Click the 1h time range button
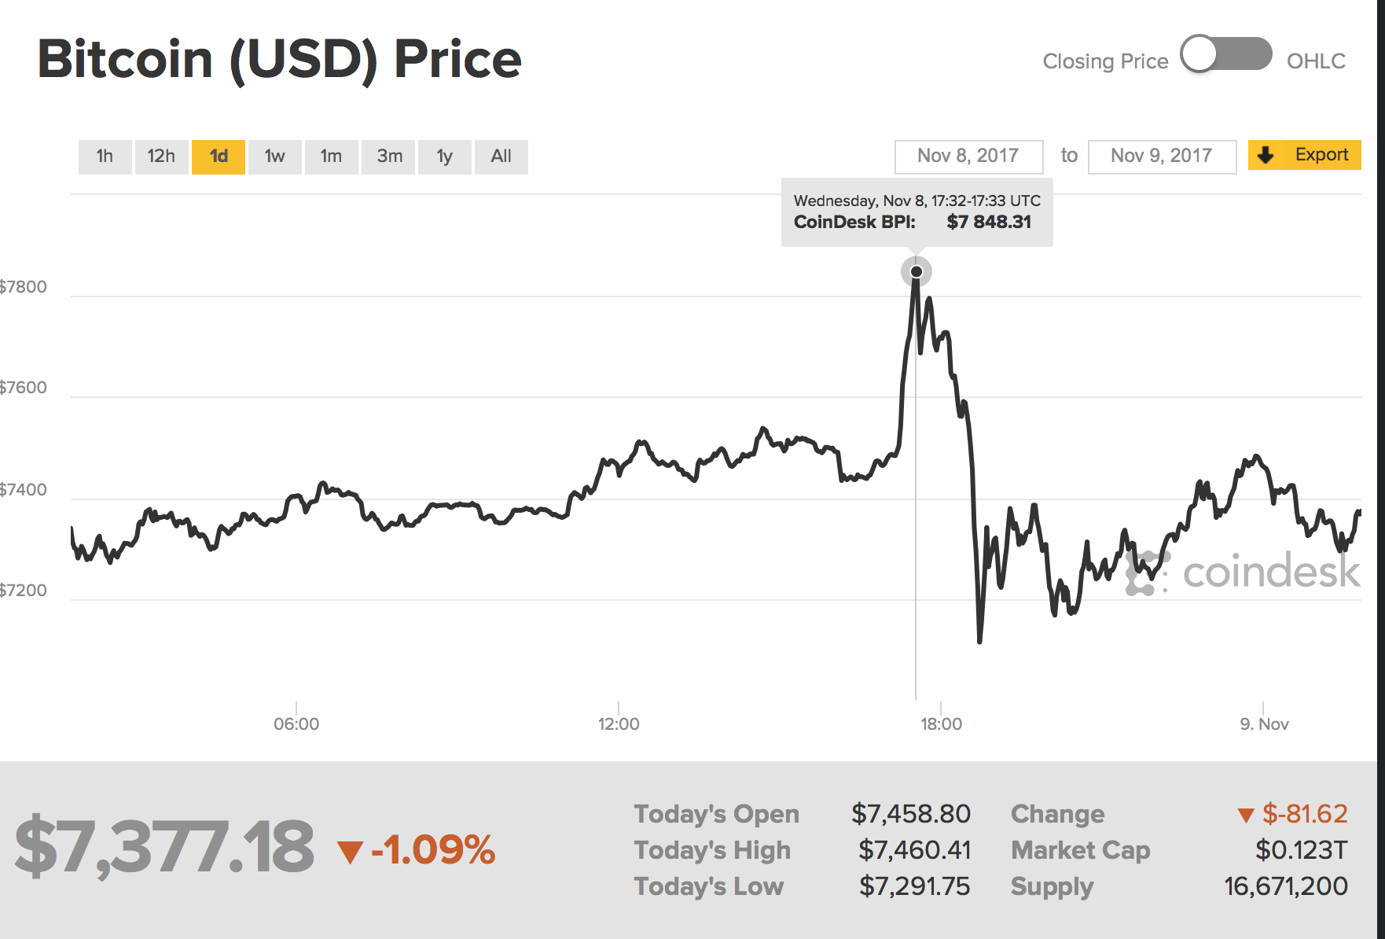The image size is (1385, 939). (105, 156)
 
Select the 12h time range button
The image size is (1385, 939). (161, 156)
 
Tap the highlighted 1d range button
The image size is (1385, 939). (219, 156)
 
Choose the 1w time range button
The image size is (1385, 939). (274, 156)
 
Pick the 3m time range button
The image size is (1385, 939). (389, 156)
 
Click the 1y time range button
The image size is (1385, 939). (445, 156)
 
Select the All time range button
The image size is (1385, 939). (501, 156)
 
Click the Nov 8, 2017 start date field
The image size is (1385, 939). (968, 156)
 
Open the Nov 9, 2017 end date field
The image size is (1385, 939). (1162, 156)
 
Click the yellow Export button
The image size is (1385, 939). (1305, 155)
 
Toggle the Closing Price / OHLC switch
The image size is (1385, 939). (1226, 55)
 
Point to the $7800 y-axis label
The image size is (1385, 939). (24, 287)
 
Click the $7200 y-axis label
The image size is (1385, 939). (24, 591)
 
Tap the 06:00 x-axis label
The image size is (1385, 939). (296, 724)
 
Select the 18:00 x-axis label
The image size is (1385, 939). (941, 724)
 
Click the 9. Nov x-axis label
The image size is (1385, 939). (1264, 724)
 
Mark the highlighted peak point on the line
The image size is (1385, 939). (917, 272)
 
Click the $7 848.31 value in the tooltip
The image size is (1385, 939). (989, 223)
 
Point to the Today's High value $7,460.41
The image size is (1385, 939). (914, 850)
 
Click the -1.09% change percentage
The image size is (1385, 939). (432, 850)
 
